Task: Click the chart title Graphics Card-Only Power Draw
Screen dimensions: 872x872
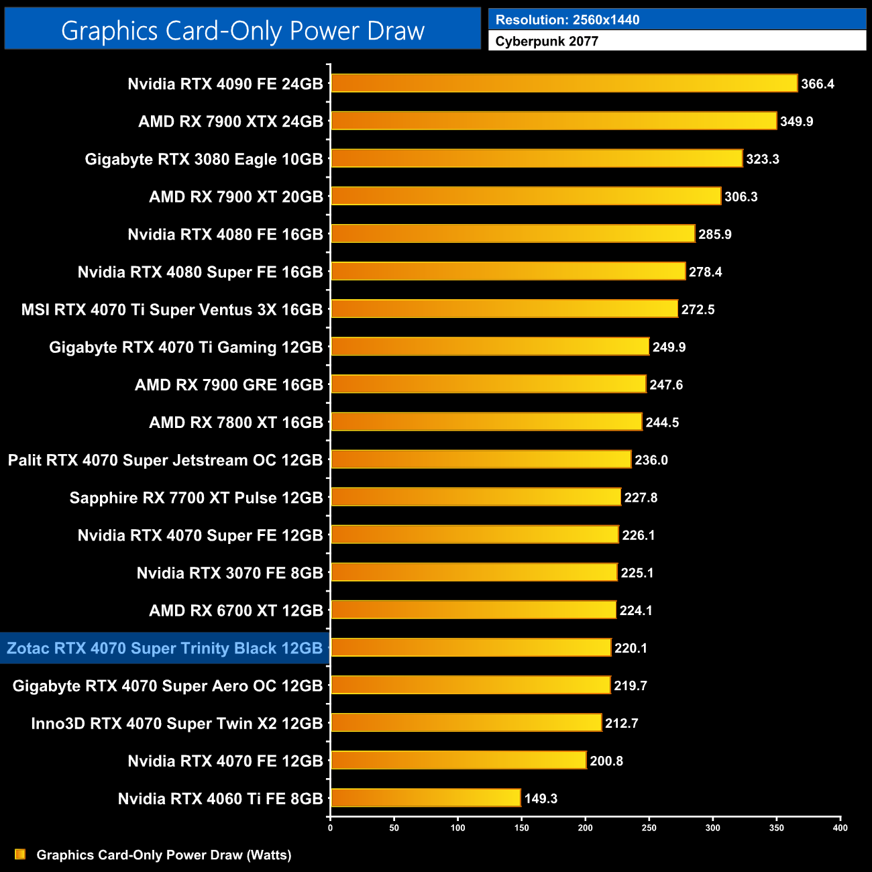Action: [242, 30]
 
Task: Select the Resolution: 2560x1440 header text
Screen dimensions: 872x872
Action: [567, 20]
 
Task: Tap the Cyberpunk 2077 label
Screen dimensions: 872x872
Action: [547, 42]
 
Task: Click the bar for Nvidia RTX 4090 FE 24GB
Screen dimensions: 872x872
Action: [563, 83]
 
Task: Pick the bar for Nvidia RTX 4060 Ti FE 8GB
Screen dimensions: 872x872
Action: [425, 798]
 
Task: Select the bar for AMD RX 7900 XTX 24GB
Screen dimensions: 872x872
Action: [553, 121]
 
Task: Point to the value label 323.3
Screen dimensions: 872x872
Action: [763, 159]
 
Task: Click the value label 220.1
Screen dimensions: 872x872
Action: [631, 648]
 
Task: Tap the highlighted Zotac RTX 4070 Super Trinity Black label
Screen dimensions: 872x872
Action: [165, 648]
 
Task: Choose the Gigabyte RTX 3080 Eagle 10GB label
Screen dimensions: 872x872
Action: [204, 159]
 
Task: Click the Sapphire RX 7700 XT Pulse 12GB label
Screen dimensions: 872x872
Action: [197, 498]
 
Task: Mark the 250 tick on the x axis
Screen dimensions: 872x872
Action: [649, 828]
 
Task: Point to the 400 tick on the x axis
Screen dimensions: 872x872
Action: [840, 828]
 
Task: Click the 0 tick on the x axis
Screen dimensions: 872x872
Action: [330, 828]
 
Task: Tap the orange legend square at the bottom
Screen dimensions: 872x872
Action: [20, 854]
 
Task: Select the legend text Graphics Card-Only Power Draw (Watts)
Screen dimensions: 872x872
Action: [164, 855]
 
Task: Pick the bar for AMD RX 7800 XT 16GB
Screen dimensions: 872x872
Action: [486, 422]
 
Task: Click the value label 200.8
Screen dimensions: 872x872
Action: [606, 761]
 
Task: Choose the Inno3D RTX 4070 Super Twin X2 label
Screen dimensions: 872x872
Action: [177, 723]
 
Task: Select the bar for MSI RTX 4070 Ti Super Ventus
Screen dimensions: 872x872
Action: [504, 309]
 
